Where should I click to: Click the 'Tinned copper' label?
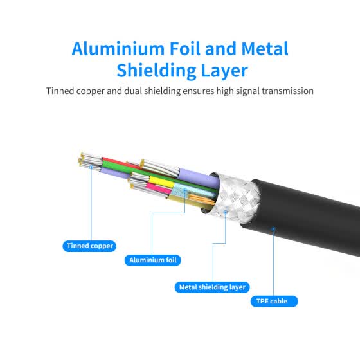(x=89, y=246)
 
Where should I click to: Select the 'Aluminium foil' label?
(x=153, y=260)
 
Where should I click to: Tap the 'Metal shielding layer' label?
(x=212, y=287)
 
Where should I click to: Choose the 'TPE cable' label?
(x=274, y=301)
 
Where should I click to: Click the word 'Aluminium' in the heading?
(x=118, y=49)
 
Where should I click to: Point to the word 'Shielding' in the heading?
(x=156, y=70)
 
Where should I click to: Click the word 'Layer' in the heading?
(x=224, y=71)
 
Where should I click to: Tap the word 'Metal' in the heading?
(x=265, y=49)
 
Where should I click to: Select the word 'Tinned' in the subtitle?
(x=60, y=91)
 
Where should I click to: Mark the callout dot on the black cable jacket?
(x=273, y=229)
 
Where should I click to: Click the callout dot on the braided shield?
(x=226, y=212)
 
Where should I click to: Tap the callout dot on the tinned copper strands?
(x=91, y=167)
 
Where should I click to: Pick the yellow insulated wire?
(x=161, y=181)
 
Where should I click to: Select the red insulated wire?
(x=119, y=163)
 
